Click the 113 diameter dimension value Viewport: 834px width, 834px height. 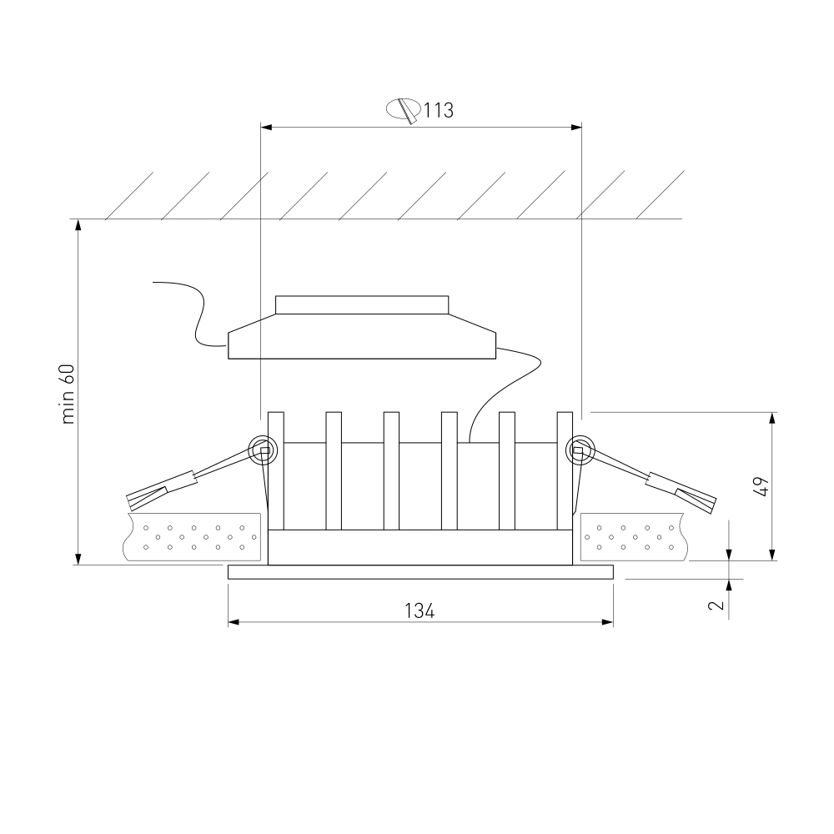pos(439,111)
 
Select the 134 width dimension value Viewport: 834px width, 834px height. pos(420,611)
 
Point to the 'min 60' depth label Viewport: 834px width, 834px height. pos(68,394)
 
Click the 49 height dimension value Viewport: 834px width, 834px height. pos(761,487)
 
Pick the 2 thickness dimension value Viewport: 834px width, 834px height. pos(716,605)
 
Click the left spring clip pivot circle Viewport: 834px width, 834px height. pos(264,450)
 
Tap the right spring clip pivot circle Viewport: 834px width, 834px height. pos(579,450)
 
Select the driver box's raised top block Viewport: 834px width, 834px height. pos(362,304)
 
